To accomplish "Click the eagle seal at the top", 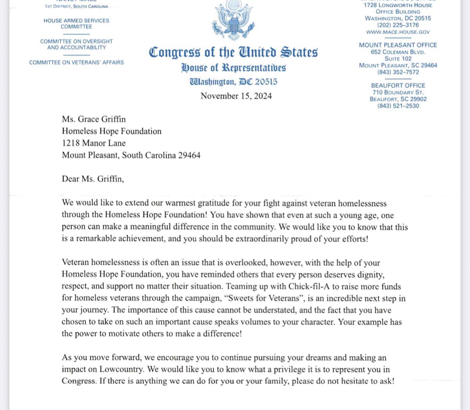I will point(233,20).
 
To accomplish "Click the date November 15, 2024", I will point(236,96).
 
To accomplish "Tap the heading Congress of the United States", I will point(233,52).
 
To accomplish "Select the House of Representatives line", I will point(233,68).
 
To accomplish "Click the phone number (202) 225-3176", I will point(398,25).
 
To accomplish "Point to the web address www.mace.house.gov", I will point(398,32).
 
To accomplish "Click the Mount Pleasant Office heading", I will point(398,45).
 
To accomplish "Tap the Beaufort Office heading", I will point(398,85).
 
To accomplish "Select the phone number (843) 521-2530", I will point(398,106).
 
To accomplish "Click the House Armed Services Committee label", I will point(76,23).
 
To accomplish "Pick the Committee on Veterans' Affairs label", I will point(76,62).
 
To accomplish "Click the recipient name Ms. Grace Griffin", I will point(94,119).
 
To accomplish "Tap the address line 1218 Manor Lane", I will point(94,143).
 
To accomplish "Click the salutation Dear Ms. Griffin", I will point(93,179).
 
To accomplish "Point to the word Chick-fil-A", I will point(309,286).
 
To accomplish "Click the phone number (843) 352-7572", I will point(398,72).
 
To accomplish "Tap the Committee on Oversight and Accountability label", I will point(76,44).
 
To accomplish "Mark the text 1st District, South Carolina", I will point(76,7).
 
